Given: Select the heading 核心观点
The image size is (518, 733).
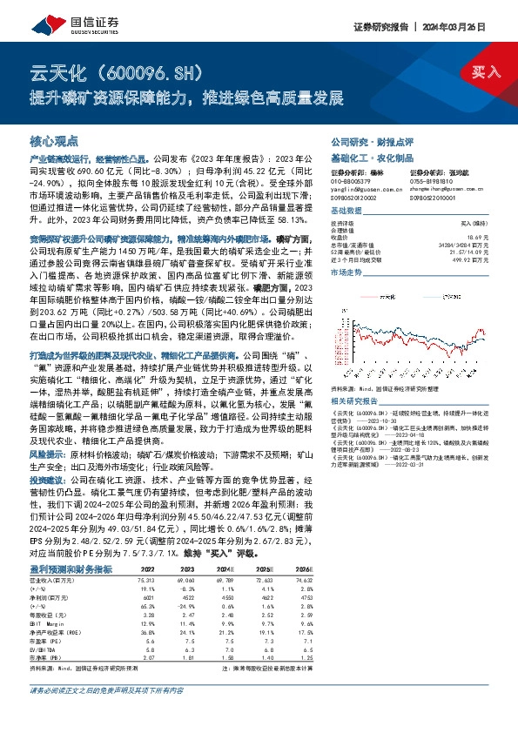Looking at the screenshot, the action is pyautogui.click(x=54, y=140).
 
